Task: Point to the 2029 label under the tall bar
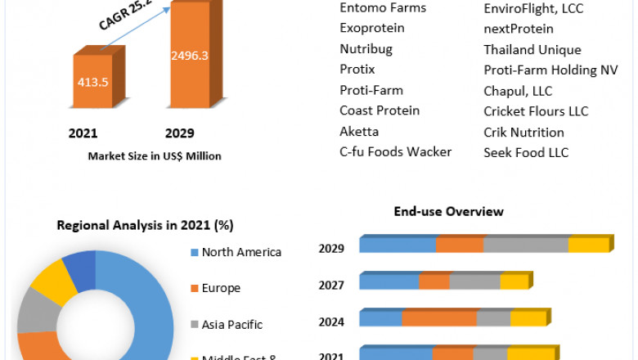[x=179, y=133]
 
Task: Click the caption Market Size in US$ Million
[x=155, y=155]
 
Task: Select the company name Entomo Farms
[x=383, y=8]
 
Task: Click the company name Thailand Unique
[x=532, y=50]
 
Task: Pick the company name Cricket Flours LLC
[x=536, y=111]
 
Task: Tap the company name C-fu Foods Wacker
[x=396, y=152]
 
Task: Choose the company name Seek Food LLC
[x=526, y=152]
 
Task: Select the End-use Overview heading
[x=448, y=211]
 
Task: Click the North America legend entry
[x=241, y=252]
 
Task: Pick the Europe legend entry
[x=221, y=288]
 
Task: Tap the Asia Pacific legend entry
[x=232, y=324]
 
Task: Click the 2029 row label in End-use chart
[x=331, y=249]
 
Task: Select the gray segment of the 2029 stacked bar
[x=526, y=245]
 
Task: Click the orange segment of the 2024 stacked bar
[x=439, y=318]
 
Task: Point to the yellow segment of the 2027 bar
[x=514, y=281]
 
